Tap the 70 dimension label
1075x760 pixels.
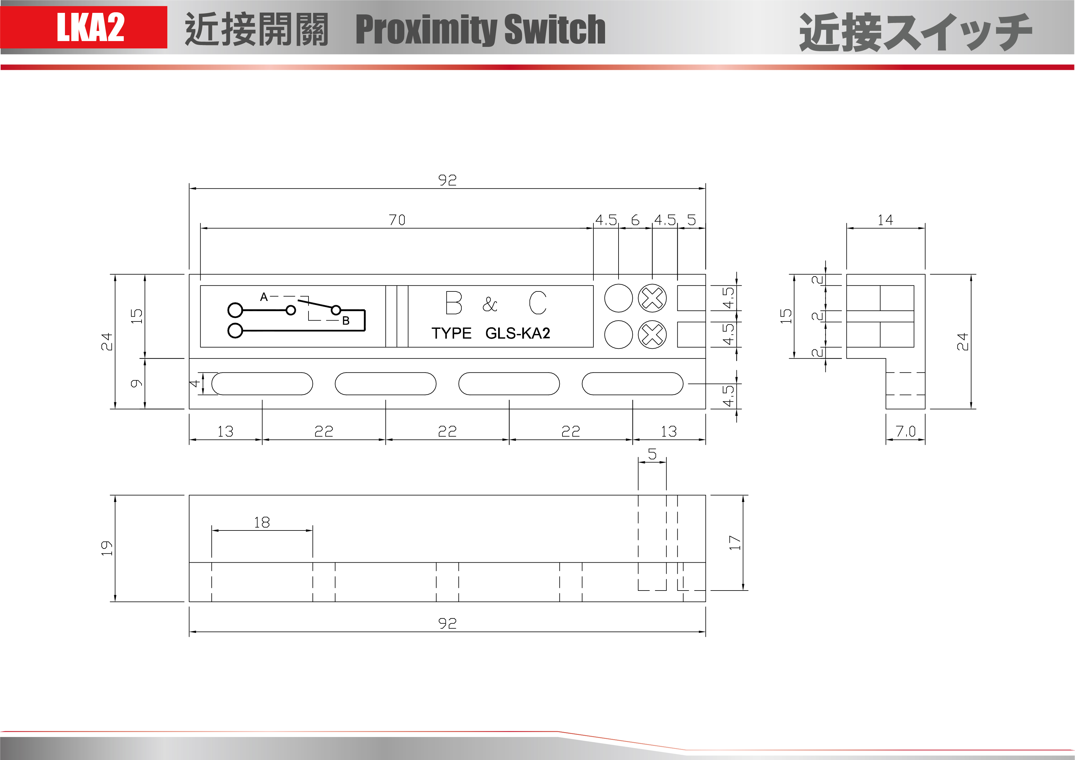(x=397, y=220)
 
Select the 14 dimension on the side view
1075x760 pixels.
(x=885, y=220)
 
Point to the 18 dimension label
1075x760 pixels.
(x=262, y=522)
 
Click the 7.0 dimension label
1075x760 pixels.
(x=905, y=431)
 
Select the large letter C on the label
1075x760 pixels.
(x=537, y=303)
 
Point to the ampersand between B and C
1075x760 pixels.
(x=490, y=304)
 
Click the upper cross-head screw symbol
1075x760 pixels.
(x=652, y=298)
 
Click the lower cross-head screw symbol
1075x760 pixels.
(x=652, y=335)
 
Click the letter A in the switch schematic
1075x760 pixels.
(x=263, y=297)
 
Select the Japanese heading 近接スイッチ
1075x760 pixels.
(x=915, y=32)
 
